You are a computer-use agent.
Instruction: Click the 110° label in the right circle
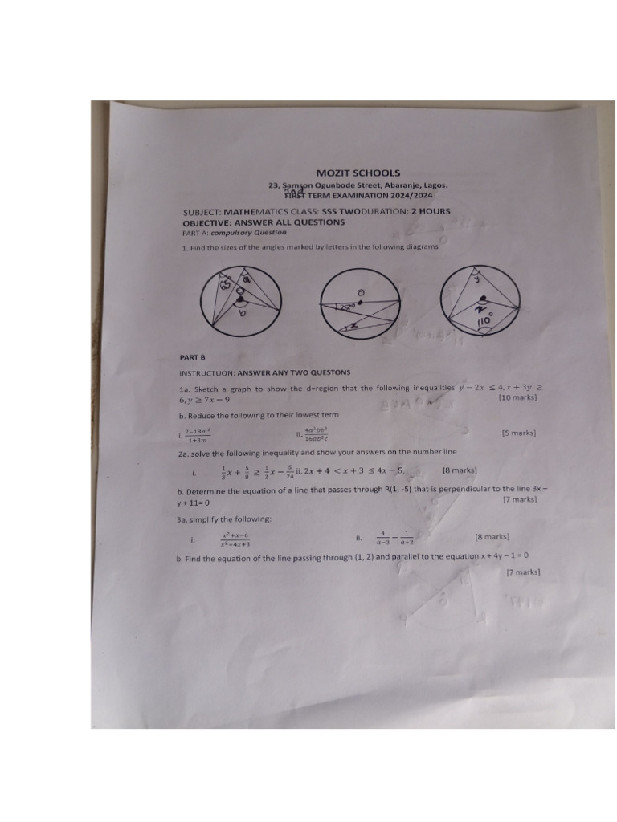[x=485, y=321]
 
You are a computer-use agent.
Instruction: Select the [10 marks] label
[x=517, y=398]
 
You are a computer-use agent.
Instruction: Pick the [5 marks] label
[x=519, y=433]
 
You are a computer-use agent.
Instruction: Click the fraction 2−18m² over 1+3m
[x=198, y=436]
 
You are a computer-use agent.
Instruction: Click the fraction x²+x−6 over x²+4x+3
[x=235, y=539]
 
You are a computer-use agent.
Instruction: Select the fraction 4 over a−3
[x=384, y=538]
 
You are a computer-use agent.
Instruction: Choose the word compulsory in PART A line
[x=234, y=233]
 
